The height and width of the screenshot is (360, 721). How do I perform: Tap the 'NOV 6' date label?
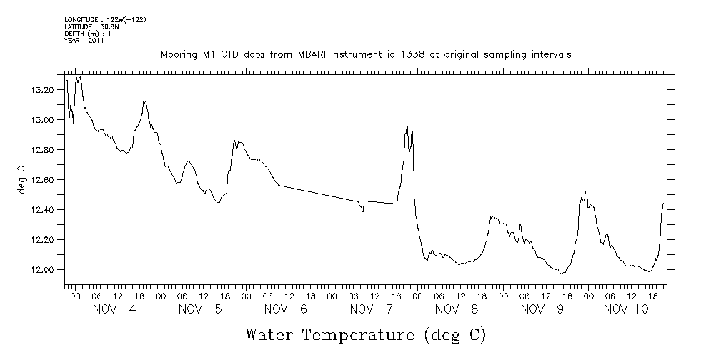[x=281, y=309]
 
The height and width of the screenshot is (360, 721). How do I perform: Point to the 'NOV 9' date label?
[x=538, y=309]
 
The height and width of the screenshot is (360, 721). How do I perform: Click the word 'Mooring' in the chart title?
[x=178, y=55]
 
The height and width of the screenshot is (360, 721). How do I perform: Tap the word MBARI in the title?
[x=297, y=55]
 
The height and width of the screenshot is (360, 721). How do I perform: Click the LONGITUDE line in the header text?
[x=105, y=20]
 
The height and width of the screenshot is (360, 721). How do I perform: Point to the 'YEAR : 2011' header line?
[x=84, y=41]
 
